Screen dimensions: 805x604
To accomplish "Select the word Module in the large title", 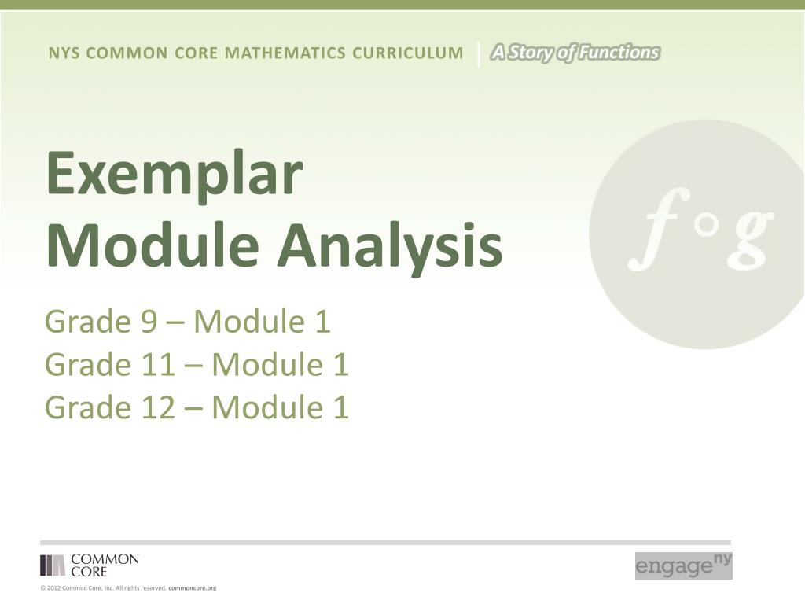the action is [x=153, y=245].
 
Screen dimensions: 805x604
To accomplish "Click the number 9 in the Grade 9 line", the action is [x=149, y=322].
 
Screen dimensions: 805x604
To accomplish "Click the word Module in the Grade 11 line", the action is [x=267, y=365].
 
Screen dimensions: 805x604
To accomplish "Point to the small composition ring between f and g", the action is [x=707, y=225].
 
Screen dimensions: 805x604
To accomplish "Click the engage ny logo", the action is [x=683, y=565].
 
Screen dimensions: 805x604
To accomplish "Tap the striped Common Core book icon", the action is [x=53, y=565].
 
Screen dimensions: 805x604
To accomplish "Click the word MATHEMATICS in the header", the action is [x=285, y=53].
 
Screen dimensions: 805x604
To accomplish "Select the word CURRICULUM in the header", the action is [x=408, y=53].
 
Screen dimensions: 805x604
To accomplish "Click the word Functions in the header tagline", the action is [x=619, y=53].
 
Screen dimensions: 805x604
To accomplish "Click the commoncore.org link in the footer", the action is [x=193, y=588].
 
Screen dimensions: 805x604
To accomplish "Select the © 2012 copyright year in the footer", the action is [x=50, y=588].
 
